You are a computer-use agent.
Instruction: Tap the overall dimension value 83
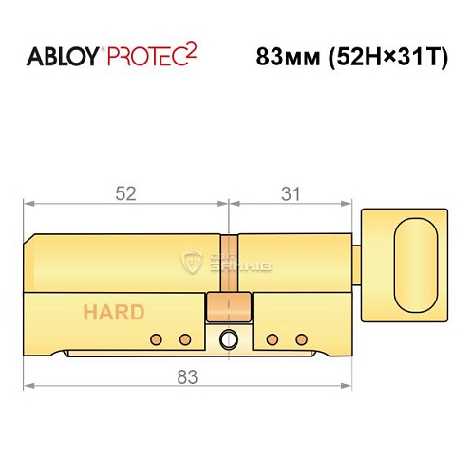tap(187, 377)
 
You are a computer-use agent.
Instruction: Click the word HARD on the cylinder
tap(113, 313)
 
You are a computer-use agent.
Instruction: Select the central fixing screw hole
tap(229, 338)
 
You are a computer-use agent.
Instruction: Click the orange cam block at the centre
tap(229, 306)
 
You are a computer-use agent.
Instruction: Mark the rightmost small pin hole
tap(301, 339)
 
